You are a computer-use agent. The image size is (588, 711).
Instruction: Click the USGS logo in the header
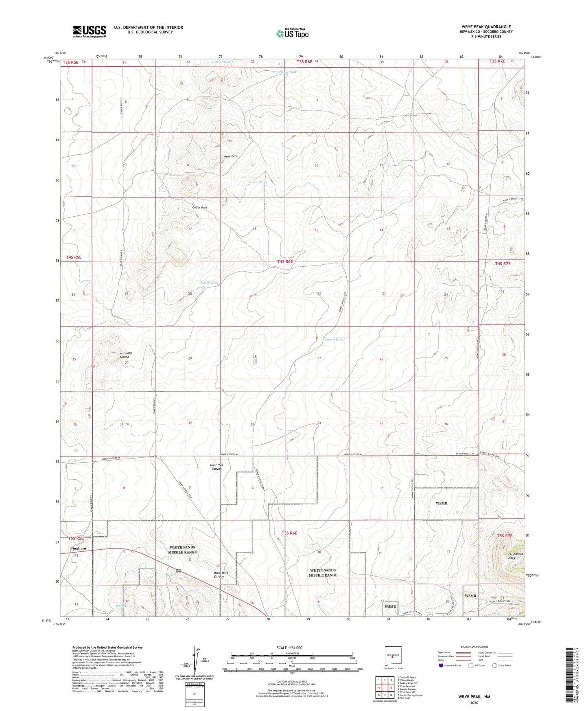(90, 31)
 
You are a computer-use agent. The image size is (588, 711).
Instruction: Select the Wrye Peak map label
(231, 156)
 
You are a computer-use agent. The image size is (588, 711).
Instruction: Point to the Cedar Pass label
(200, 207)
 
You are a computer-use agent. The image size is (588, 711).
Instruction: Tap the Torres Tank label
(258, 182)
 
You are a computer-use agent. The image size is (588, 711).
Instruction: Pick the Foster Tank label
(210, 283)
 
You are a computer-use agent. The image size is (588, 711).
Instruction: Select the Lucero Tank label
(334, 339)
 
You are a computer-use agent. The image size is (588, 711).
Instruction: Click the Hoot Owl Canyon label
(216, 467)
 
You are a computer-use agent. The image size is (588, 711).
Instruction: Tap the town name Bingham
(78, 548)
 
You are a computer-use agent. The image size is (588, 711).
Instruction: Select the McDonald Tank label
(285, 72)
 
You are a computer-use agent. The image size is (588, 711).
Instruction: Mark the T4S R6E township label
(285, 261)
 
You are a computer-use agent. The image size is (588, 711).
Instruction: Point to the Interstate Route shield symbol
(442, 666)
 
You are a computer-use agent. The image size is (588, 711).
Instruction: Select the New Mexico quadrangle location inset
(393, 656)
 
